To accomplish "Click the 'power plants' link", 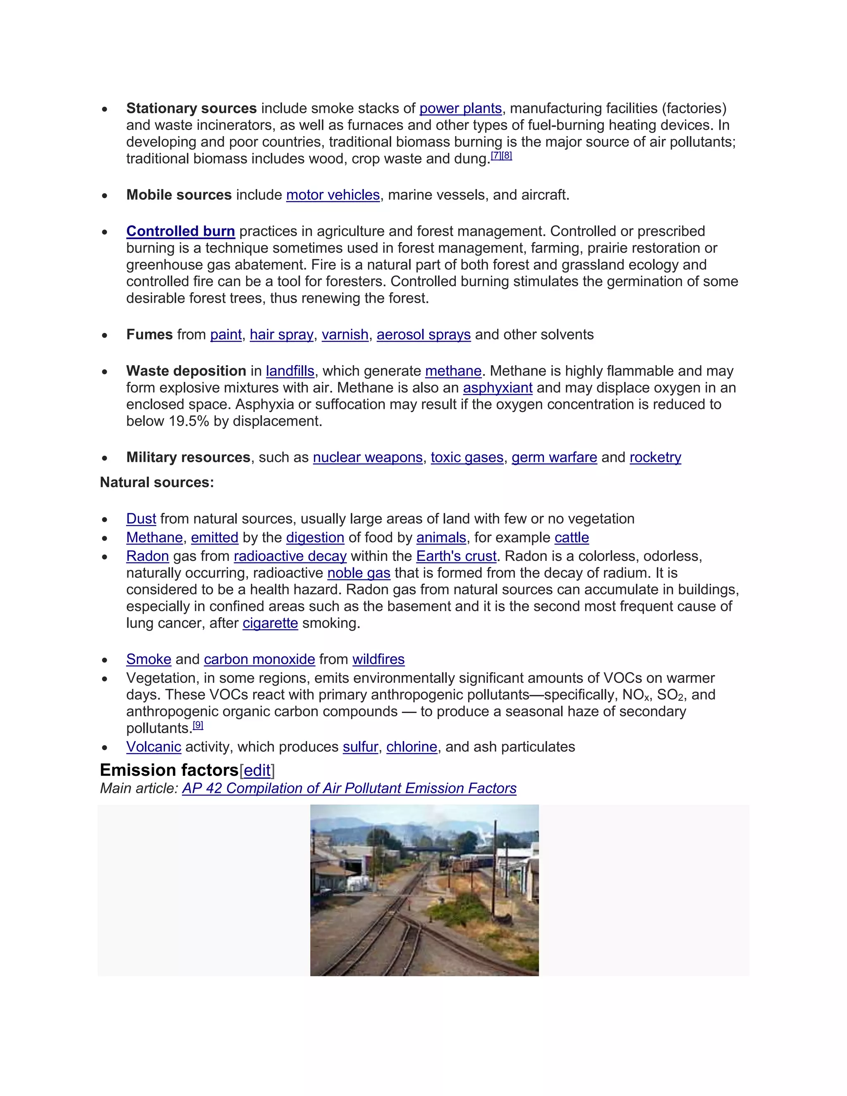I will (x=460, y=108).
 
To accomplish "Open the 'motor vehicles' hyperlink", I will (x=333, y=195).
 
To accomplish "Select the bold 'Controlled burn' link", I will (x=181, y=231).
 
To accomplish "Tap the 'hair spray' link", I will (x=282, y=335).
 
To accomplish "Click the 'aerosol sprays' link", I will (x=423, y=335).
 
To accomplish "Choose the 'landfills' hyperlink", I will (x=290, y=371).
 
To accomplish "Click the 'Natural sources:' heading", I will (x=157, y=483).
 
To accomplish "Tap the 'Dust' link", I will (x=141, y=519).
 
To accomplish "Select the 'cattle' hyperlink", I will (x=572, y=538).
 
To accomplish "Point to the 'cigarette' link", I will (x=270, y=623).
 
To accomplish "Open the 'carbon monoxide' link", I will (x=259, y=659).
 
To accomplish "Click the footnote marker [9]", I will (x=198, y=725).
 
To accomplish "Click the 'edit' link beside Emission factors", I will (x=257, y=771).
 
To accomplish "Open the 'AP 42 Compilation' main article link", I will (x=349, y=788).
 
